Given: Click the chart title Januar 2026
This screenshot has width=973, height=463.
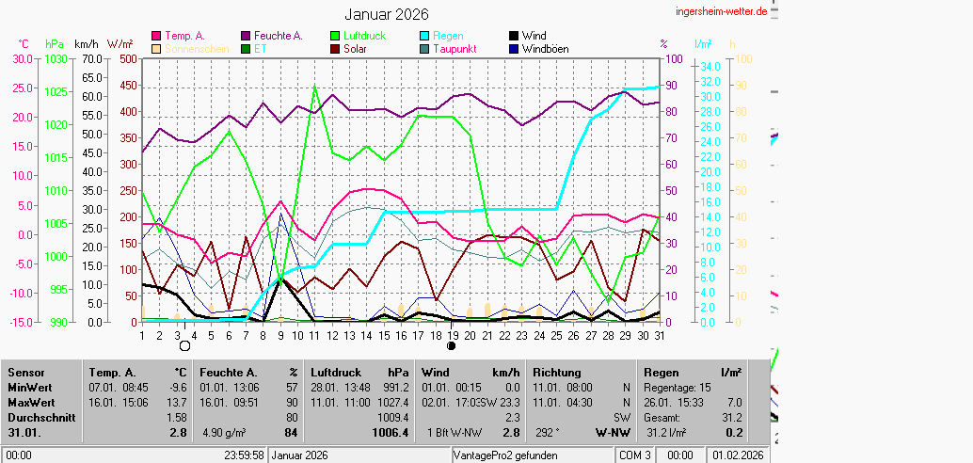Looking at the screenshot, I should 386,14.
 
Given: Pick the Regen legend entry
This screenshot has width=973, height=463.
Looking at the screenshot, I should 449,36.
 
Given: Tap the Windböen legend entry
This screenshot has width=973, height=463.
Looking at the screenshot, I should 545,49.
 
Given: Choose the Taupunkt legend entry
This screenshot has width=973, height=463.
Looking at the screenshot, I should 455,49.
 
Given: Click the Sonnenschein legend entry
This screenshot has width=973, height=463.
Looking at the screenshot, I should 196,49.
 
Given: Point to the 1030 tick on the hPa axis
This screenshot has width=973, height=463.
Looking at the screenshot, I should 56,58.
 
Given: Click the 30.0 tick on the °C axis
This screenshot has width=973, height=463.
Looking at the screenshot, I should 21,58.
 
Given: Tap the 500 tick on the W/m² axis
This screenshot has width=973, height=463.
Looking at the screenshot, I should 125,58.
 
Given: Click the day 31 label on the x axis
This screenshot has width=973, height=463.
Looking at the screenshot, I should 660,334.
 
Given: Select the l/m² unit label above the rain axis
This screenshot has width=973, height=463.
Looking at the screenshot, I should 703,43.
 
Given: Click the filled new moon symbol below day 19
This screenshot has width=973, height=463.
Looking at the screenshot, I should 452,346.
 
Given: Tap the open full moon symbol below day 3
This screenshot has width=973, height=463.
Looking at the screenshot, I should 184,346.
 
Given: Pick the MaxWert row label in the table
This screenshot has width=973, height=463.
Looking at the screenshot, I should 29,401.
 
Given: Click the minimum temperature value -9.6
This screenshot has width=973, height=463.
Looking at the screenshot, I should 177,387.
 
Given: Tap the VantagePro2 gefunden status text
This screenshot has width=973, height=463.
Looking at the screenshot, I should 505,455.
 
